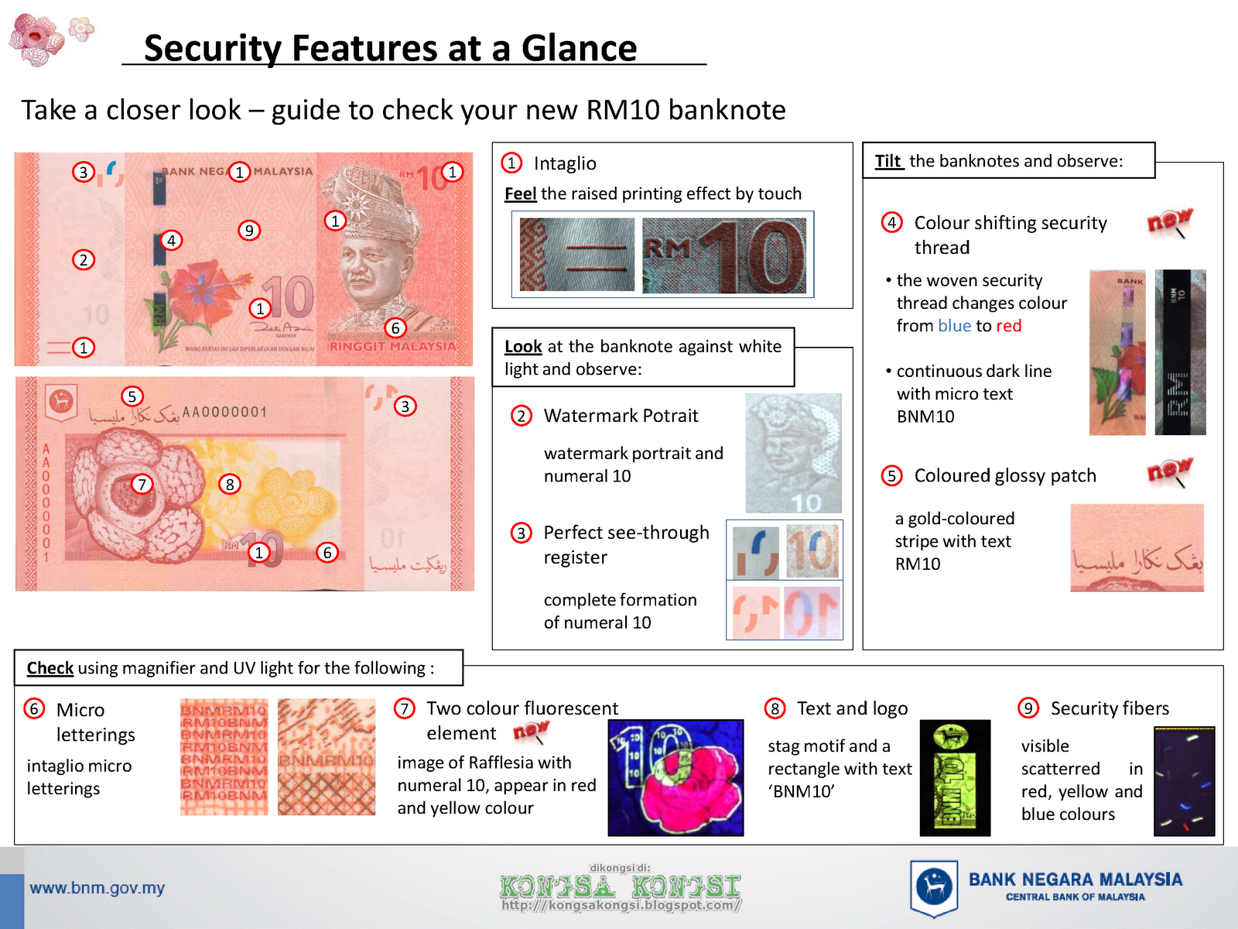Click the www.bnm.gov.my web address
point(97,888)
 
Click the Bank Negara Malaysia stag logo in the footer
point(934,887)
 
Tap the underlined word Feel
point(520,194)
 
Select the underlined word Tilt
point(888,161)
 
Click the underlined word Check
point(50,668)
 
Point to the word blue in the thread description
point(954,326)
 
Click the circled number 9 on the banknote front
point(248,230)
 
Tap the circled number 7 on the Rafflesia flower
point(142,485)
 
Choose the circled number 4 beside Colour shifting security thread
point(891,223)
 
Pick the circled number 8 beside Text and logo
point(775,708)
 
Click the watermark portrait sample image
point(793,453)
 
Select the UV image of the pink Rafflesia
point(675,778)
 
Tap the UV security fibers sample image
point(1184,781)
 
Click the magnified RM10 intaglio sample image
point(724,255)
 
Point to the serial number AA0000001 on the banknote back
point(224,412)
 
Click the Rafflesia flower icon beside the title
point(39,39)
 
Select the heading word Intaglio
point(565,163)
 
